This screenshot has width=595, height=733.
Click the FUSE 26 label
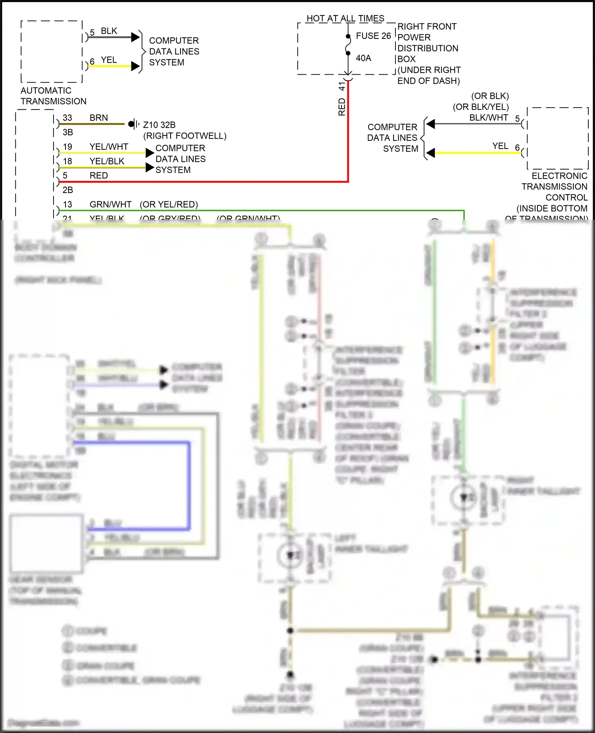(373, 36)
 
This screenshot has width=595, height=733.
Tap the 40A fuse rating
(363, 58)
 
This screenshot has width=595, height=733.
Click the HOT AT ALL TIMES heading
(345, 18)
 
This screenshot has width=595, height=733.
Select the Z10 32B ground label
(159, 125)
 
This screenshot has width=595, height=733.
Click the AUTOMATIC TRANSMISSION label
(53, 96)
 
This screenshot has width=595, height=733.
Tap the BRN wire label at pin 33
(98, 118)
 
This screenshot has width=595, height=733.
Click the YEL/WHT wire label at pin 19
(109, 147)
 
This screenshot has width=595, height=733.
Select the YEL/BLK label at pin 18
(107, 161)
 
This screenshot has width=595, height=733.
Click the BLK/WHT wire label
(488, 118)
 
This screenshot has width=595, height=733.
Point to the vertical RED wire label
(342, 107)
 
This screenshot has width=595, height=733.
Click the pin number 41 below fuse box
(342, 85)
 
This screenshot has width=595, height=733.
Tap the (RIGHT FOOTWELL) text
(184, 136)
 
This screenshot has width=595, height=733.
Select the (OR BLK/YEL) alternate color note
(480, 107)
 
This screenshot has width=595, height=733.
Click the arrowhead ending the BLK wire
(135, 37)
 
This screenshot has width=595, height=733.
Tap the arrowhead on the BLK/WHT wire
(431, 124)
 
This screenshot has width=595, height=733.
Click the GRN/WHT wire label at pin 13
(110, 204)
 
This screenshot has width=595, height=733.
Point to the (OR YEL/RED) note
(169, 204)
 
